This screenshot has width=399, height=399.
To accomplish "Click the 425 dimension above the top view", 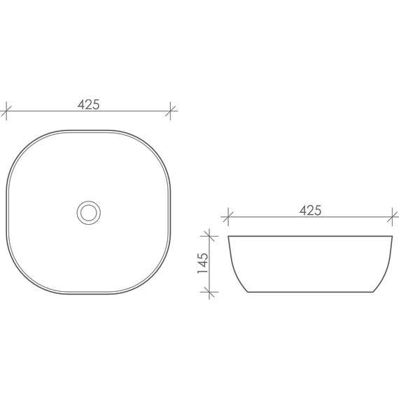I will point(88,105).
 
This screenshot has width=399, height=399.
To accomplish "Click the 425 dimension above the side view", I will point(309,210).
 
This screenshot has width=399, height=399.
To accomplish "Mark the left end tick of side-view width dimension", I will point(229,217).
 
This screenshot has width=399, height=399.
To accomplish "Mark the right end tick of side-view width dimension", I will point(391,217).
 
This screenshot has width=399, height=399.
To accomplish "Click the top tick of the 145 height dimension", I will point(209,236).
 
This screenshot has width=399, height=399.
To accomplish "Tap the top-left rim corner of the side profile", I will point(230,237).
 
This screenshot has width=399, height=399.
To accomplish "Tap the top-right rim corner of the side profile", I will point(390,237).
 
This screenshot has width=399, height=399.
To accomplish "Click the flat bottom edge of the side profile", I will point(309,291).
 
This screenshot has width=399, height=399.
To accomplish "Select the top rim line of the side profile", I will point(309,237).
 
